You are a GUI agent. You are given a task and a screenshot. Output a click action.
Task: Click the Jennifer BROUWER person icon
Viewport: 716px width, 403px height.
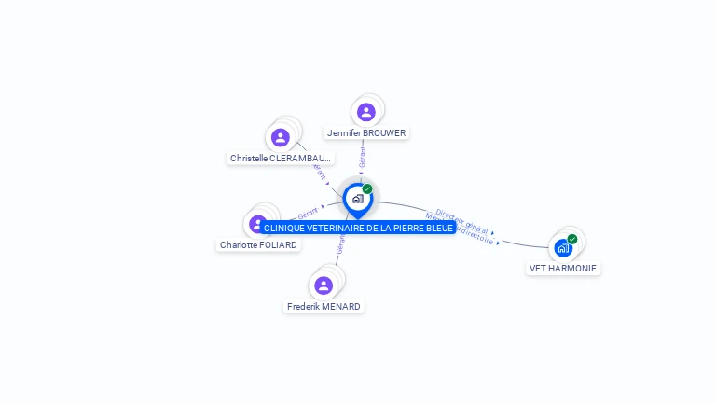pos(366,112)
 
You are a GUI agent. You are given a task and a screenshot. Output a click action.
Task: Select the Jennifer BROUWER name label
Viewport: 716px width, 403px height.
pos(366,133)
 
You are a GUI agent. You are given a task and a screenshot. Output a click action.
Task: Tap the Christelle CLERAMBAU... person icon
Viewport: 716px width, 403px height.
pos(281,138)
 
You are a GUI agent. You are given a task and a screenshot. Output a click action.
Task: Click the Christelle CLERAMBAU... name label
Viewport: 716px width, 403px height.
pos(281,159)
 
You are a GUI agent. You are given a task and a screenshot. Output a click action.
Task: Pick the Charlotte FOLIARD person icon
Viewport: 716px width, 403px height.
pos(258,224)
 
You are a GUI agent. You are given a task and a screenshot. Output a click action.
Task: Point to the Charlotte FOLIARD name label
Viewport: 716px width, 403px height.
pos(258,245)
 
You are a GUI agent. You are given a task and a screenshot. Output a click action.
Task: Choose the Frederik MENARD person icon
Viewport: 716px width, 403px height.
pos(324,285)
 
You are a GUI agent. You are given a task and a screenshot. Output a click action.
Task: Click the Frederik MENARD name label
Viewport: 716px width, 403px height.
pos(324,307)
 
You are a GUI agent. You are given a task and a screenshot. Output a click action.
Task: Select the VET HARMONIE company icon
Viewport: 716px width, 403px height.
pos(563,248)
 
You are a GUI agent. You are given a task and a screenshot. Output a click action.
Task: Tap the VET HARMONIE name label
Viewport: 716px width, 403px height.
pos(563,269)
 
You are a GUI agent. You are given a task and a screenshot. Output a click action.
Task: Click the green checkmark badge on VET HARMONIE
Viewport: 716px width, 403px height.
pos(572,239)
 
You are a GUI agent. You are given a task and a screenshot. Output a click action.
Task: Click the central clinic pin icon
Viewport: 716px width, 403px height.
pos(357,199)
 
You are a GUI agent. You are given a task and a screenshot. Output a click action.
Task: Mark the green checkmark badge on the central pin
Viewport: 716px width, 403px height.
pos(367,189)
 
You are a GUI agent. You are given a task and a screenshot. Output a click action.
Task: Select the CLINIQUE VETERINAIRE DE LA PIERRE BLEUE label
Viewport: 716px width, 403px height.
pos(358,228)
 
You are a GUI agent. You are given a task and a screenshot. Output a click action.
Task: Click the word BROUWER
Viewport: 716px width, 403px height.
pos(385,133)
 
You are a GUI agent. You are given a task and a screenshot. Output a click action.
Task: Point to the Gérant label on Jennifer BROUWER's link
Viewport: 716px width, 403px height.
pos(362,157)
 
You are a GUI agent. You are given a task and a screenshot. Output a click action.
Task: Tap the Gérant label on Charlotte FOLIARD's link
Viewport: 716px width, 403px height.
pos(308,213)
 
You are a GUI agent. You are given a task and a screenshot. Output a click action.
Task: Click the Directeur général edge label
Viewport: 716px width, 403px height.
pos(461,221)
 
